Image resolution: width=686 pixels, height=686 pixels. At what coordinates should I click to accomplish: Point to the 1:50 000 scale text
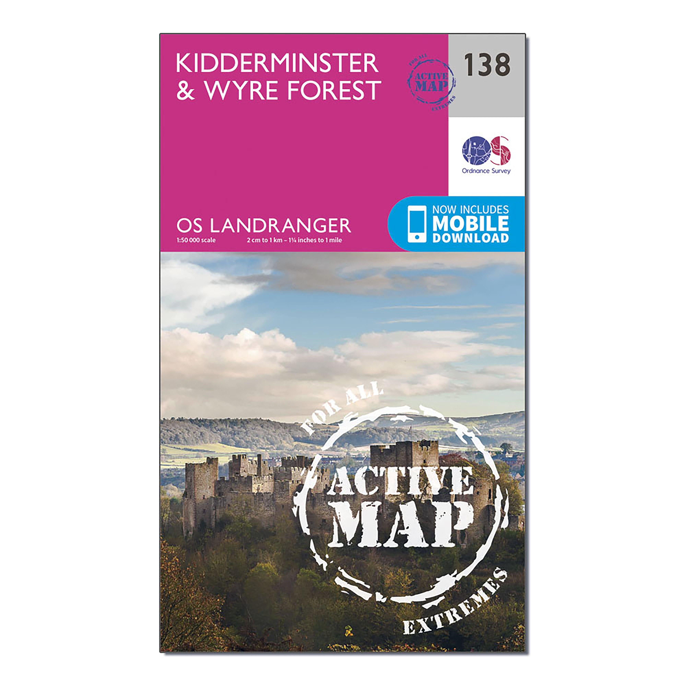(x=196, y=240)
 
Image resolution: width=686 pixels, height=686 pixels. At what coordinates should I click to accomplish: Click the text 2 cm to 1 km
(x=264, y=240)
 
